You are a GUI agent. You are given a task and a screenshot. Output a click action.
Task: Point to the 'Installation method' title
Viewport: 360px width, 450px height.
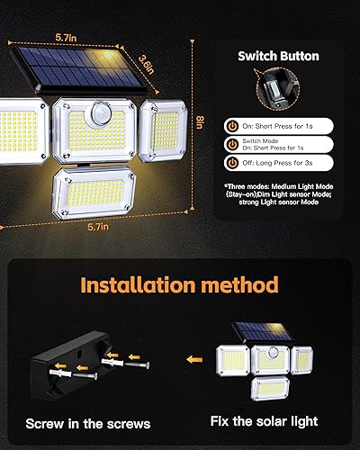180,286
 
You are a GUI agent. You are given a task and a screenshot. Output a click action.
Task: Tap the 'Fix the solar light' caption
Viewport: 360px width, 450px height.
265,421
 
